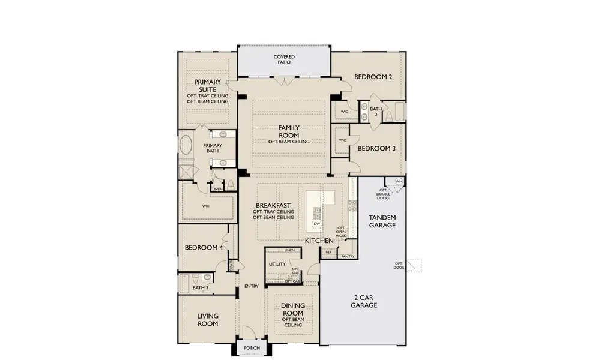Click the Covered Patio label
pyautogui.click(x=284, y=59)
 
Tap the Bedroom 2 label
pyautogui.click(x=373, y=77)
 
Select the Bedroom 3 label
pyautogui.click(x=377, y=148)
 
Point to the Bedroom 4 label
pyautogui.click(x=204, y=247)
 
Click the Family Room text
pyautogui.click(x=289, y=131)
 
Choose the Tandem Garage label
pyautogui.click(x=382, y=221)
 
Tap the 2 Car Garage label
pyautogui.click(x=364, y=301)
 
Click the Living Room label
pyautogui.click(x=208, y=319)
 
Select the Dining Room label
pyautogui.click(x=294, y=309)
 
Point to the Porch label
pyautogui.click(x=252, y=349)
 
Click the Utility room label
pyautogui.click(x=277, y=264)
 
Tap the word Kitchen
pyautogui.click(x=319, y=241)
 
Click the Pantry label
pyautogui.click(x=348, y=256)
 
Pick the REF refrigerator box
pyautogui.click(x=328, y=253)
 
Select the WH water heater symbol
pyautogui.click(x=399, y=181)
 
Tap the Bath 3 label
pyautogui.click(x=200, y=288)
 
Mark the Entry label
pyautogui.click(x=251, y=286)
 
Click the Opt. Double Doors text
pyautogui.click(x=383, y=194)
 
